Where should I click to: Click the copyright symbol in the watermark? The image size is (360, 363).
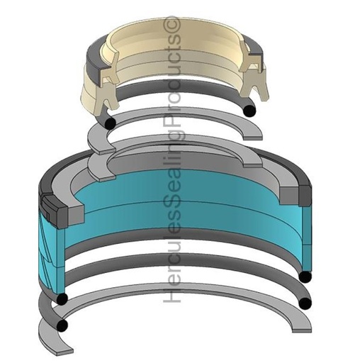click(x=172, y=25)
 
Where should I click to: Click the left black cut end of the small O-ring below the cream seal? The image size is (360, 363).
click(x=109, y=123)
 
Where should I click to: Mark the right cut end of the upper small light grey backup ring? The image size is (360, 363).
click(x=253, y=138)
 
